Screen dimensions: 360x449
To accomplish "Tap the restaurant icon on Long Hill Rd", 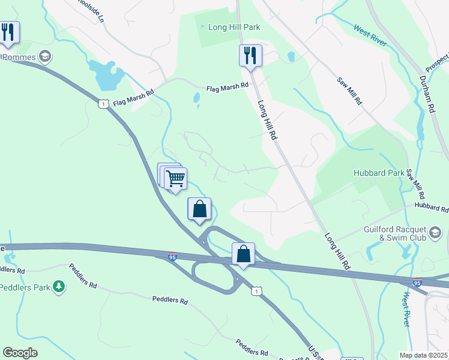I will pos(250,56).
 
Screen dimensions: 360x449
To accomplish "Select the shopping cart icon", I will pos(175,178).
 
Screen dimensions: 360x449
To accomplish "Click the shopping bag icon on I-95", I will pos(243,254).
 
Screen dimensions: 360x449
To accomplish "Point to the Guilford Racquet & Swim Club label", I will pos(395,233).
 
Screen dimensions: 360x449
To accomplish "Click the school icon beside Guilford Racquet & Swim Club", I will pos(435,231).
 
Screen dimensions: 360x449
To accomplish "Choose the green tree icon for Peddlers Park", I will pos(59,287).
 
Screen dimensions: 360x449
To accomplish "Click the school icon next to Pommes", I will pos(44,57).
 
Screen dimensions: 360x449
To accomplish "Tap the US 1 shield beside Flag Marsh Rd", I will pos(104,104).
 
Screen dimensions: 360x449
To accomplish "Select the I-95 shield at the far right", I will pos(417,282).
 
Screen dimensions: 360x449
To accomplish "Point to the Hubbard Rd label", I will pos(432,208).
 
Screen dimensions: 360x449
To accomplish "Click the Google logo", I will pos(20,353).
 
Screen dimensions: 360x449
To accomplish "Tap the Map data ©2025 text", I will pos(424,355).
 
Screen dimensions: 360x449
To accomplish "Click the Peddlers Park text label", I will pos(25,287).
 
